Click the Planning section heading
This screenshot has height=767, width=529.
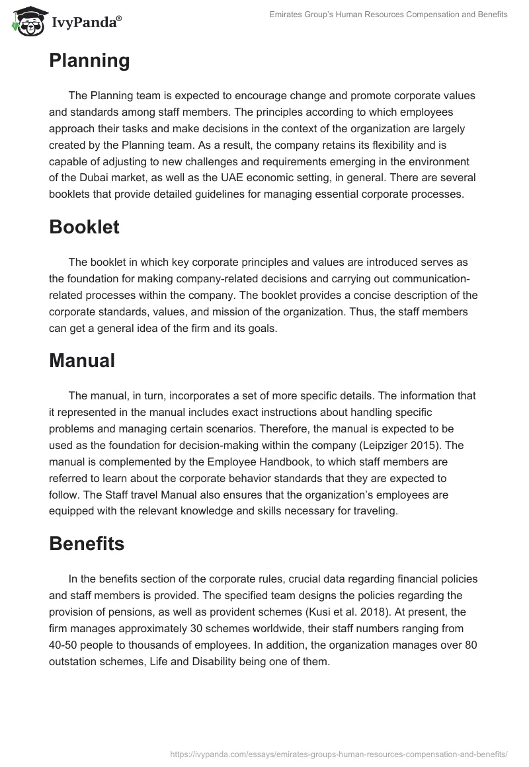(89, 61)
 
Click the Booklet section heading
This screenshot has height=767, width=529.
(84, 227)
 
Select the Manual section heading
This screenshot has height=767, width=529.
(82, 360)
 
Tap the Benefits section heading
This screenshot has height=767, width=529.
(86, 544)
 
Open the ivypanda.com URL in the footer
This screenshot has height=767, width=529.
(339, 753)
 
